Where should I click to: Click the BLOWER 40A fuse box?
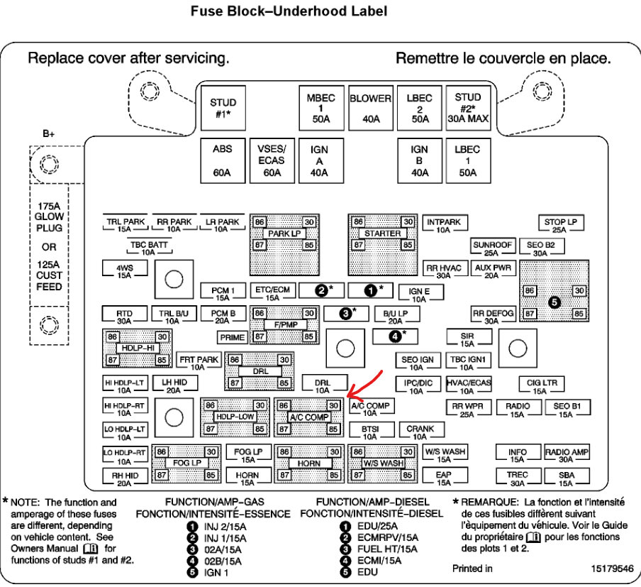(x=371, y=109)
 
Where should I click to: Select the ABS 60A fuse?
(x=222, y=161)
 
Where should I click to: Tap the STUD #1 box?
(x=223, y=108)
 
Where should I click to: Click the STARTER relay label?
(x=383, y=234)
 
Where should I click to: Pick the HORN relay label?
(x=309, y=463)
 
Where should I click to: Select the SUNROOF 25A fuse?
(x=492, y=248)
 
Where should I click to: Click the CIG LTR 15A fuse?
(x=541, y=386)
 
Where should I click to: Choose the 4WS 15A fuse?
(x=125, y=270)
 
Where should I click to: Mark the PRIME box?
(x=232, y=337)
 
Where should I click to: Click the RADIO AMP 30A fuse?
(x=567, y=455)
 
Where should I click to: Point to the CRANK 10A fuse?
(x=420, y=432)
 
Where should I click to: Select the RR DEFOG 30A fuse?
(x=492, y=315)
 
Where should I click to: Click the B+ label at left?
(x=48, y=133)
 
